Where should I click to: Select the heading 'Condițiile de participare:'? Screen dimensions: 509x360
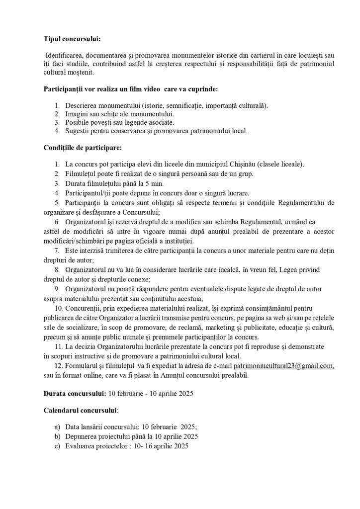[x=82, y=148]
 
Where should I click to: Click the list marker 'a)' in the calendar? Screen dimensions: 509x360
[x=57, y=427]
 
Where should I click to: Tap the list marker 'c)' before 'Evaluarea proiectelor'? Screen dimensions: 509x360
[x=57, y=446]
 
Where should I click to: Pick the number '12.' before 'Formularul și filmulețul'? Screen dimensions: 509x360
[x=59, y=366]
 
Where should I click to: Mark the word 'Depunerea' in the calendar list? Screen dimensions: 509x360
[x=81, y=436]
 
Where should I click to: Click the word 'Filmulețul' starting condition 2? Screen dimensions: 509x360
[x=82, y=173]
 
